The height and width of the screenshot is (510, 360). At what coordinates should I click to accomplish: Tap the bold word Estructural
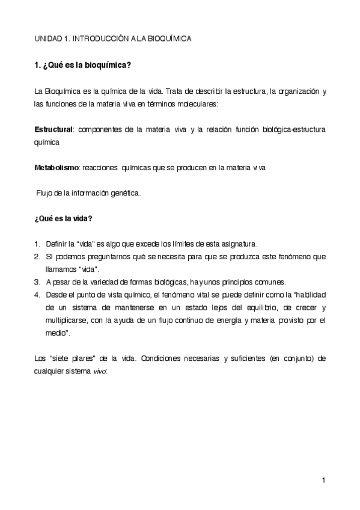point(53,129)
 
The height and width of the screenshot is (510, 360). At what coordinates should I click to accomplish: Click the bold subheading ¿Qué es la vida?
point(63,218)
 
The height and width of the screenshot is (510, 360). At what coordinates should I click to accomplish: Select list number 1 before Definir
point(37,244)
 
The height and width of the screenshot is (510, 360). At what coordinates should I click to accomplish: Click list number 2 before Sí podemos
point(37,257)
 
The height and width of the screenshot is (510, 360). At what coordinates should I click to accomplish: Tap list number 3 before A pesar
point(37,281)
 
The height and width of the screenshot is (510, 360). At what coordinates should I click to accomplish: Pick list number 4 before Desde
point(37,294)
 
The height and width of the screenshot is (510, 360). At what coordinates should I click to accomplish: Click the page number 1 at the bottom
point(323,480)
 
